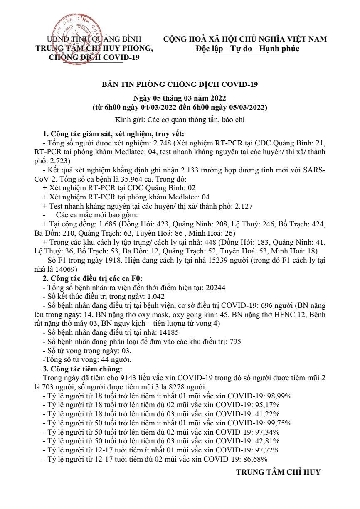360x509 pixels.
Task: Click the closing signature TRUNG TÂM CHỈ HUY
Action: click(x=278, y=472)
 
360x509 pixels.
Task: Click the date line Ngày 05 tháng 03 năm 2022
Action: click(x=180, y=98)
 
